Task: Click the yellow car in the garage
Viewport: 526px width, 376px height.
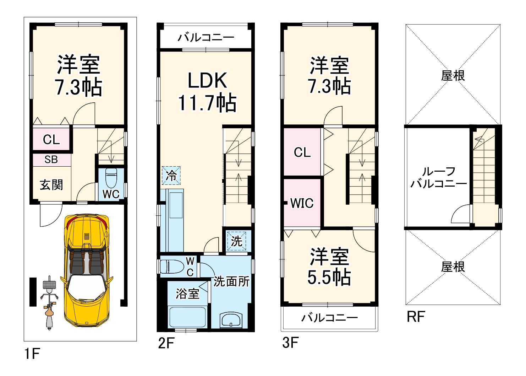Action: (x=87, y=270)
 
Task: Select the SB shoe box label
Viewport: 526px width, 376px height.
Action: (x=51, y=160)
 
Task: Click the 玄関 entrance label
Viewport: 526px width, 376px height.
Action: (x=51, y=184)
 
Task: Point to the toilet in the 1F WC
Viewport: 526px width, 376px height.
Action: (x=111, y=179)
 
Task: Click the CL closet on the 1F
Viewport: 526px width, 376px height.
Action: (x=51, y=139)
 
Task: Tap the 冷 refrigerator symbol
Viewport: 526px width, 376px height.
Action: (x=171, y=175)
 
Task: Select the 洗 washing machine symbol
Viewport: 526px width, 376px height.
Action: (x=237, y=241)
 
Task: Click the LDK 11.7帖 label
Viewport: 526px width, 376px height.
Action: (x=207, y=92)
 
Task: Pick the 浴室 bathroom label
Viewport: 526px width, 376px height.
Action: (x=187, y=294)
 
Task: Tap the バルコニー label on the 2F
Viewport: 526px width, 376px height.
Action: (x=206, y=37)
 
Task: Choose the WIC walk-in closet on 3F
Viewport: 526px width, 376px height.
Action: (x=302, y=203)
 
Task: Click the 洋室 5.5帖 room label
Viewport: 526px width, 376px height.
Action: (x=329, y=267)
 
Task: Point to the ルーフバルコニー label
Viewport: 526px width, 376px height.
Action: (x=438, y=178)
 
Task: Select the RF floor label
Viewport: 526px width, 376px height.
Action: (x=416, y=317)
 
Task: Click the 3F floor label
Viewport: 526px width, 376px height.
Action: (x=290, y=343)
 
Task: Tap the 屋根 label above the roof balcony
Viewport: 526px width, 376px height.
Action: (x=453, y=75)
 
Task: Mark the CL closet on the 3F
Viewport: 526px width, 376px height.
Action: (x=302, y=152)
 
